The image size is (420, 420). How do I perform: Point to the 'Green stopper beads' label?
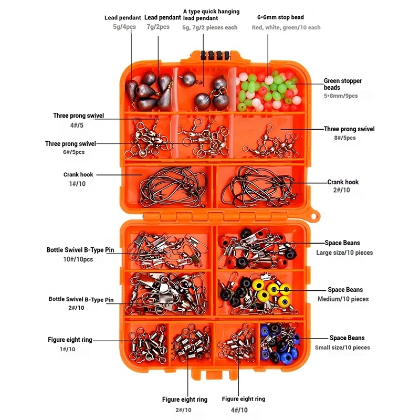342,84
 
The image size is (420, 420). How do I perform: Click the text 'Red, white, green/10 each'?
286,27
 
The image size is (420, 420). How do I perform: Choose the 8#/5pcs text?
344,138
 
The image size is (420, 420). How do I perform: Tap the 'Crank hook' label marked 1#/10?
78,175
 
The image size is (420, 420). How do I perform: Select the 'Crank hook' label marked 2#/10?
343,182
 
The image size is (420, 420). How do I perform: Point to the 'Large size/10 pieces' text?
344,253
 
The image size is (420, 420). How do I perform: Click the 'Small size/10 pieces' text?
342,348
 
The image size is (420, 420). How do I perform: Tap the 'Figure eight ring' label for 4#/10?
244,399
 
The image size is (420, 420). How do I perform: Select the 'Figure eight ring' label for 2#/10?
184,400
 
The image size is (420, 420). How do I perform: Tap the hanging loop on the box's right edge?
314,217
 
